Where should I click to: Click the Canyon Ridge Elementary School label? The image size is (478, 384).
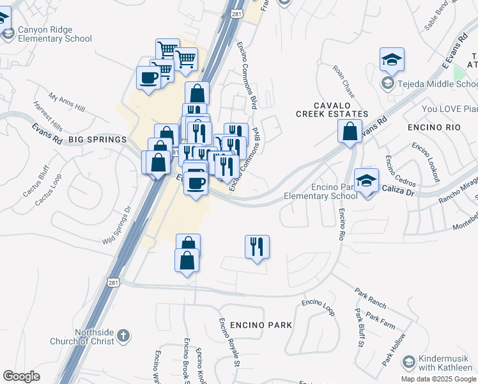(x=54, y=34)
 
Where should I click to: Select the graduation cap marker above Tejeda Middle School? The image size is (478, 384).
(x=392, y=60)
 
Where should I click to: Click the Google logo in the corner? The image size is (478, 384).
(x=21, y=376)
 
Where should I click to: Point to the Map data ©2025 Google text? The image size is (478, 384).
(x=439, y=379)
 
